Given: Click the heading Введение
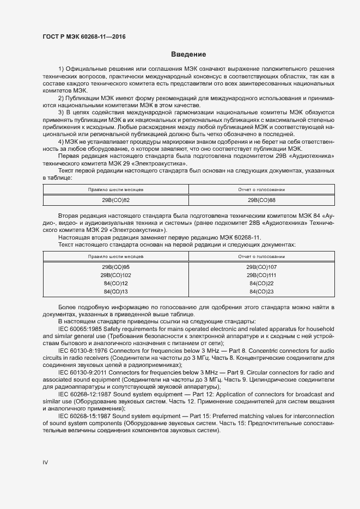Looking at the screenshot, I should [x=188, y=54].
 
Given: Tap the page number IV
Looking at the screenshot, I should [x=46, y=462].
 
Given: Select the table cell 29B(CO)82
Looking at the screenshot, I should [x=115, y=200].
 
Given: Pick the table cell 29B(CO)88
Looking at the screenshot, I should [x=261, y=200].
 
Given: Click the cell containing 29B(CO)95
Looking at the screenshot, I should [x=115, y=267].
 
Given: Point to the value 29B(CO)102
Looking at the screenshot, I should [x=115, y=275].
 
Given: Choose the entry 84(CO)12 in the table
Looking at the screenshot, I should [x=115, y=284].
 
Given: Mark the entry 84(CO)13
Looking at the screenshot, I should [x=115, y=292].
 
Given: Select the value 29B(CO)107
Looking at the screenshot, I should [x=261, y=267].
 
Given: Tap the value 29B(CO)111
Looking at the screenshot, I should [x=261, y=275].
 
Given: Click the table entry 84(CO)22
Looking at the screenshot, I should [x=261, y=284].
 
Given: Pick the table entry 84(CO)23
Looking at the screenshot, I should [x=261, y=292].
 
